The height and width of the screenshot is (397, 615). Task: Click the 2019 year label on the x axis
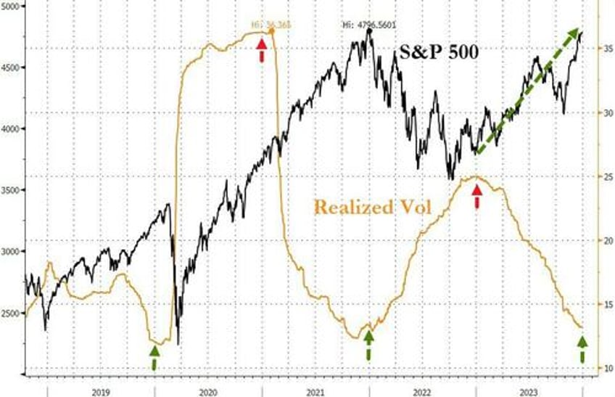coord(101,390)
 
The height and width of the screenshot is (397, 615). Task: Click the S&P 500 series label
coord(438,52)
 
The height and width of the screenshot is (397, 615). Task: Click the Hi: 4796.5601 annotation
coord(369,25)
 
